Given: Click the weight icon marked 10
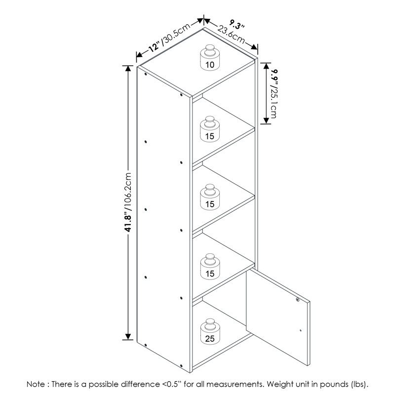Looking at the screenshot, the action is pos(210,58).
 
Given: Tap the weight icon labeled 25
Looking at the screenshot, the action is pos(210,331).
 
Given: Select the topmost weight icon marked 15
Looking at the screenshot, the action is pos(210,129).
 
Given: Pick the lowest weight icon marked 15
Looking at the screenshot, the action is pos(210,267).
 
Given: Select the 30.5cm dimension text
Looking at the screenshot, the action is pos(176,34).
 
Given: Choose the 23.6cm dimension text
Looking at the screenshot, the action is pos(231,35).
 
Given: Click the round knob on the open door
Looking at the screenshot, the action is pos(298,300).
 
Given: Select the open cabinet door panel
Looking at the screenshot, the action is pos(278,317).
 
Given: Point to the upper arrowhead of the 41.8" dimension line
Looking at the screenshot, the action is pos(128,69).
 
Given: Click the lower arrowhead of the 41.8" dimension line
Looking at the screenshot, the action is pos(128,336).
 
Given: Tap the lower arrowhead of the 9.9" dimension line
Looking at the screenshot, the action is pos(266,120).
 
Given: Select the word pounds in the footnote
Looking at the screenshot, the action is pos(333,385).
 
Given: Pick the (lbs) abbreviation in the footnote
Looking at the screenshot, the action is pos(358,385).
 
